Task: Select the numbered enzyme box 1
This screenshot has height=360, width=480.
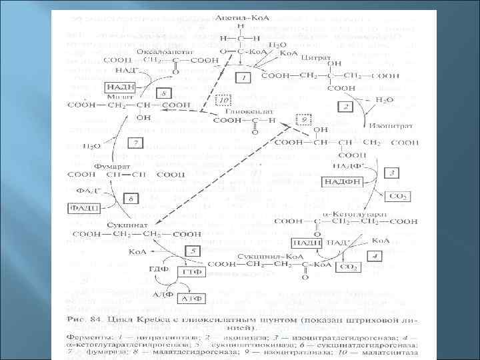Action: tap(243, 78)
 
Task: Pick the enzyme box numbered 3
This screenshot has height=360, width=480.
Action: tap(393, 173)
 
